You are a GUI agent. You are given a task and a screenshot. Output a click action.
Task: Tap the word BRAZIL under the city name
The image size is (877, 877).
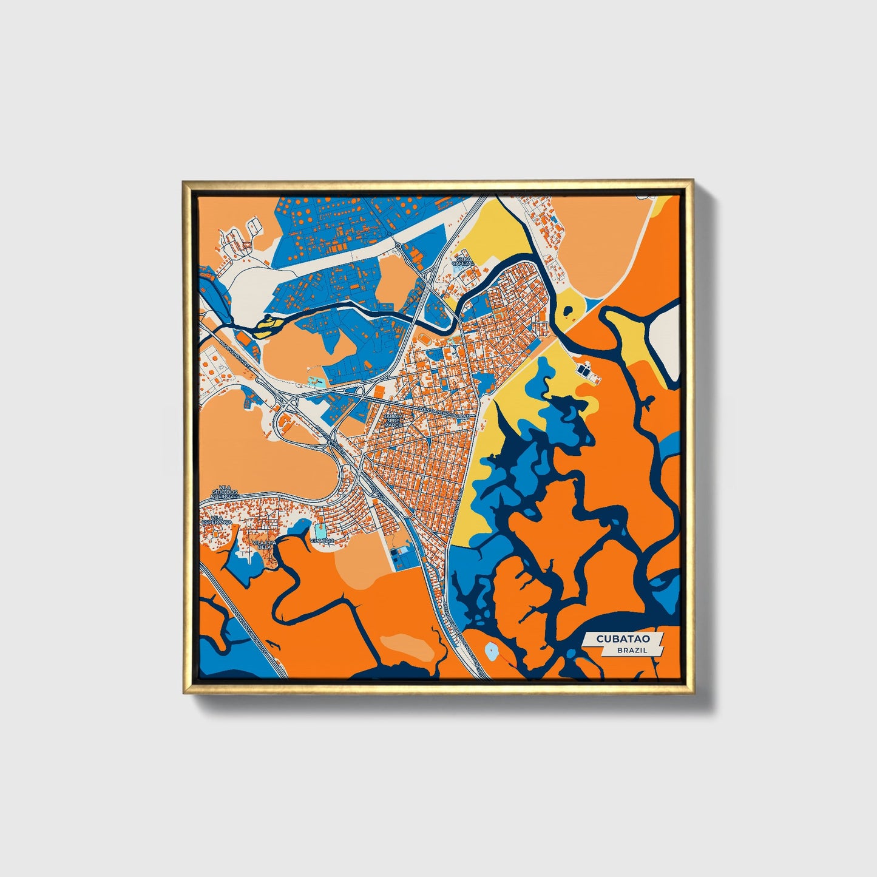[x=631, y=650]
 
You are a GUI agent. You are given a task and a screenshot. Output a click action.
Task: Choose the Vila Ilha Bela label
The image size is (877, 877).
[x=263, y=544]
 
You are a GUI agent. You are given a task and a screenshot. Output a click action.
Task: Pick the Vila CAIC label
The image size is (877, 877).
[x=322, y=540]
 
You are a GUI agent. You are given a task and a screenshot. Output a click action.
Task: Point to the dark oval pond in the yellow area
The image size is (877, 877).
[x=569, y=312]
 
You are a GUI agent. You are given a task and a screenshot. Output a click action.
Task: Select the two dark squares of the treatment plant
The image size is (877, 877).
[x=585, y=369]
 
